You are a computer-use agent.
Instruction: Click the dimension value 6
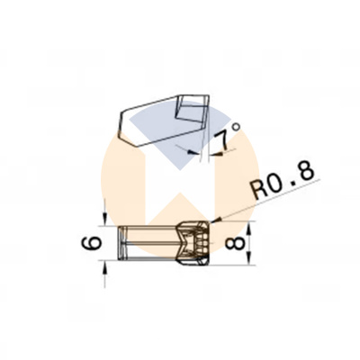coord(91,243)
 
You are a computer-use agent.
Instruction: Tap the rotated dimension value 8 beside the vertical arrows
coord(234,243)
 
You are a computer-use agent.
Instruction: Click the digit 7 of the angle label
coord(223,140)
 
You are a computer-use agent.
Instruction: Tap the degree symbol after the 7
coord(237,128)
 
